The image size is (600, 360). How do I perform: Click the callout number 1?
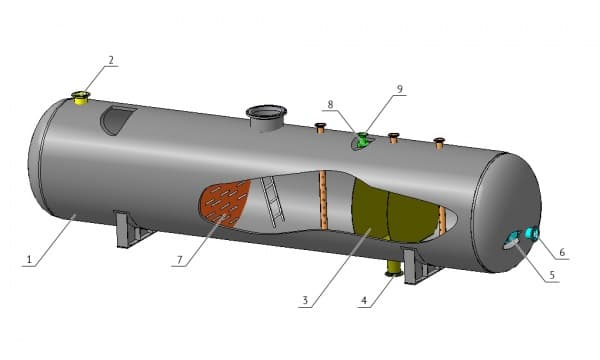[29, 260]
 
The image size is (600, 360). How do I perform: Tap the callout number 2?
[111, 60]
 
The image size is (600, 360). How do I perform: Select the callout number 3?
[305, 300]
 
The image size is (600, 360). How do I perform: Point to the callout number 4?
[364, 301]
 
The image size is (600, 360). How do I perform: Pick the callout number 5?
[552, 275]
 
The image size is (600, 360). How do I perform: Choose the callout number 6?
[562, 252]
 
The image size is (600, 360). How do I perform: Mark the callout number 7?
[180, 260]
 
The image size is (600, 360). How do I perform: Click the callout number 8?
[330, 104]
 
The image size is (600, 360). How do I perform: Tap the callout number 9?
[400, 89]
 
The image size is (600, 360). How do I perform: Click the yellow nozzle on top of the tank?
[81, 98]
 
